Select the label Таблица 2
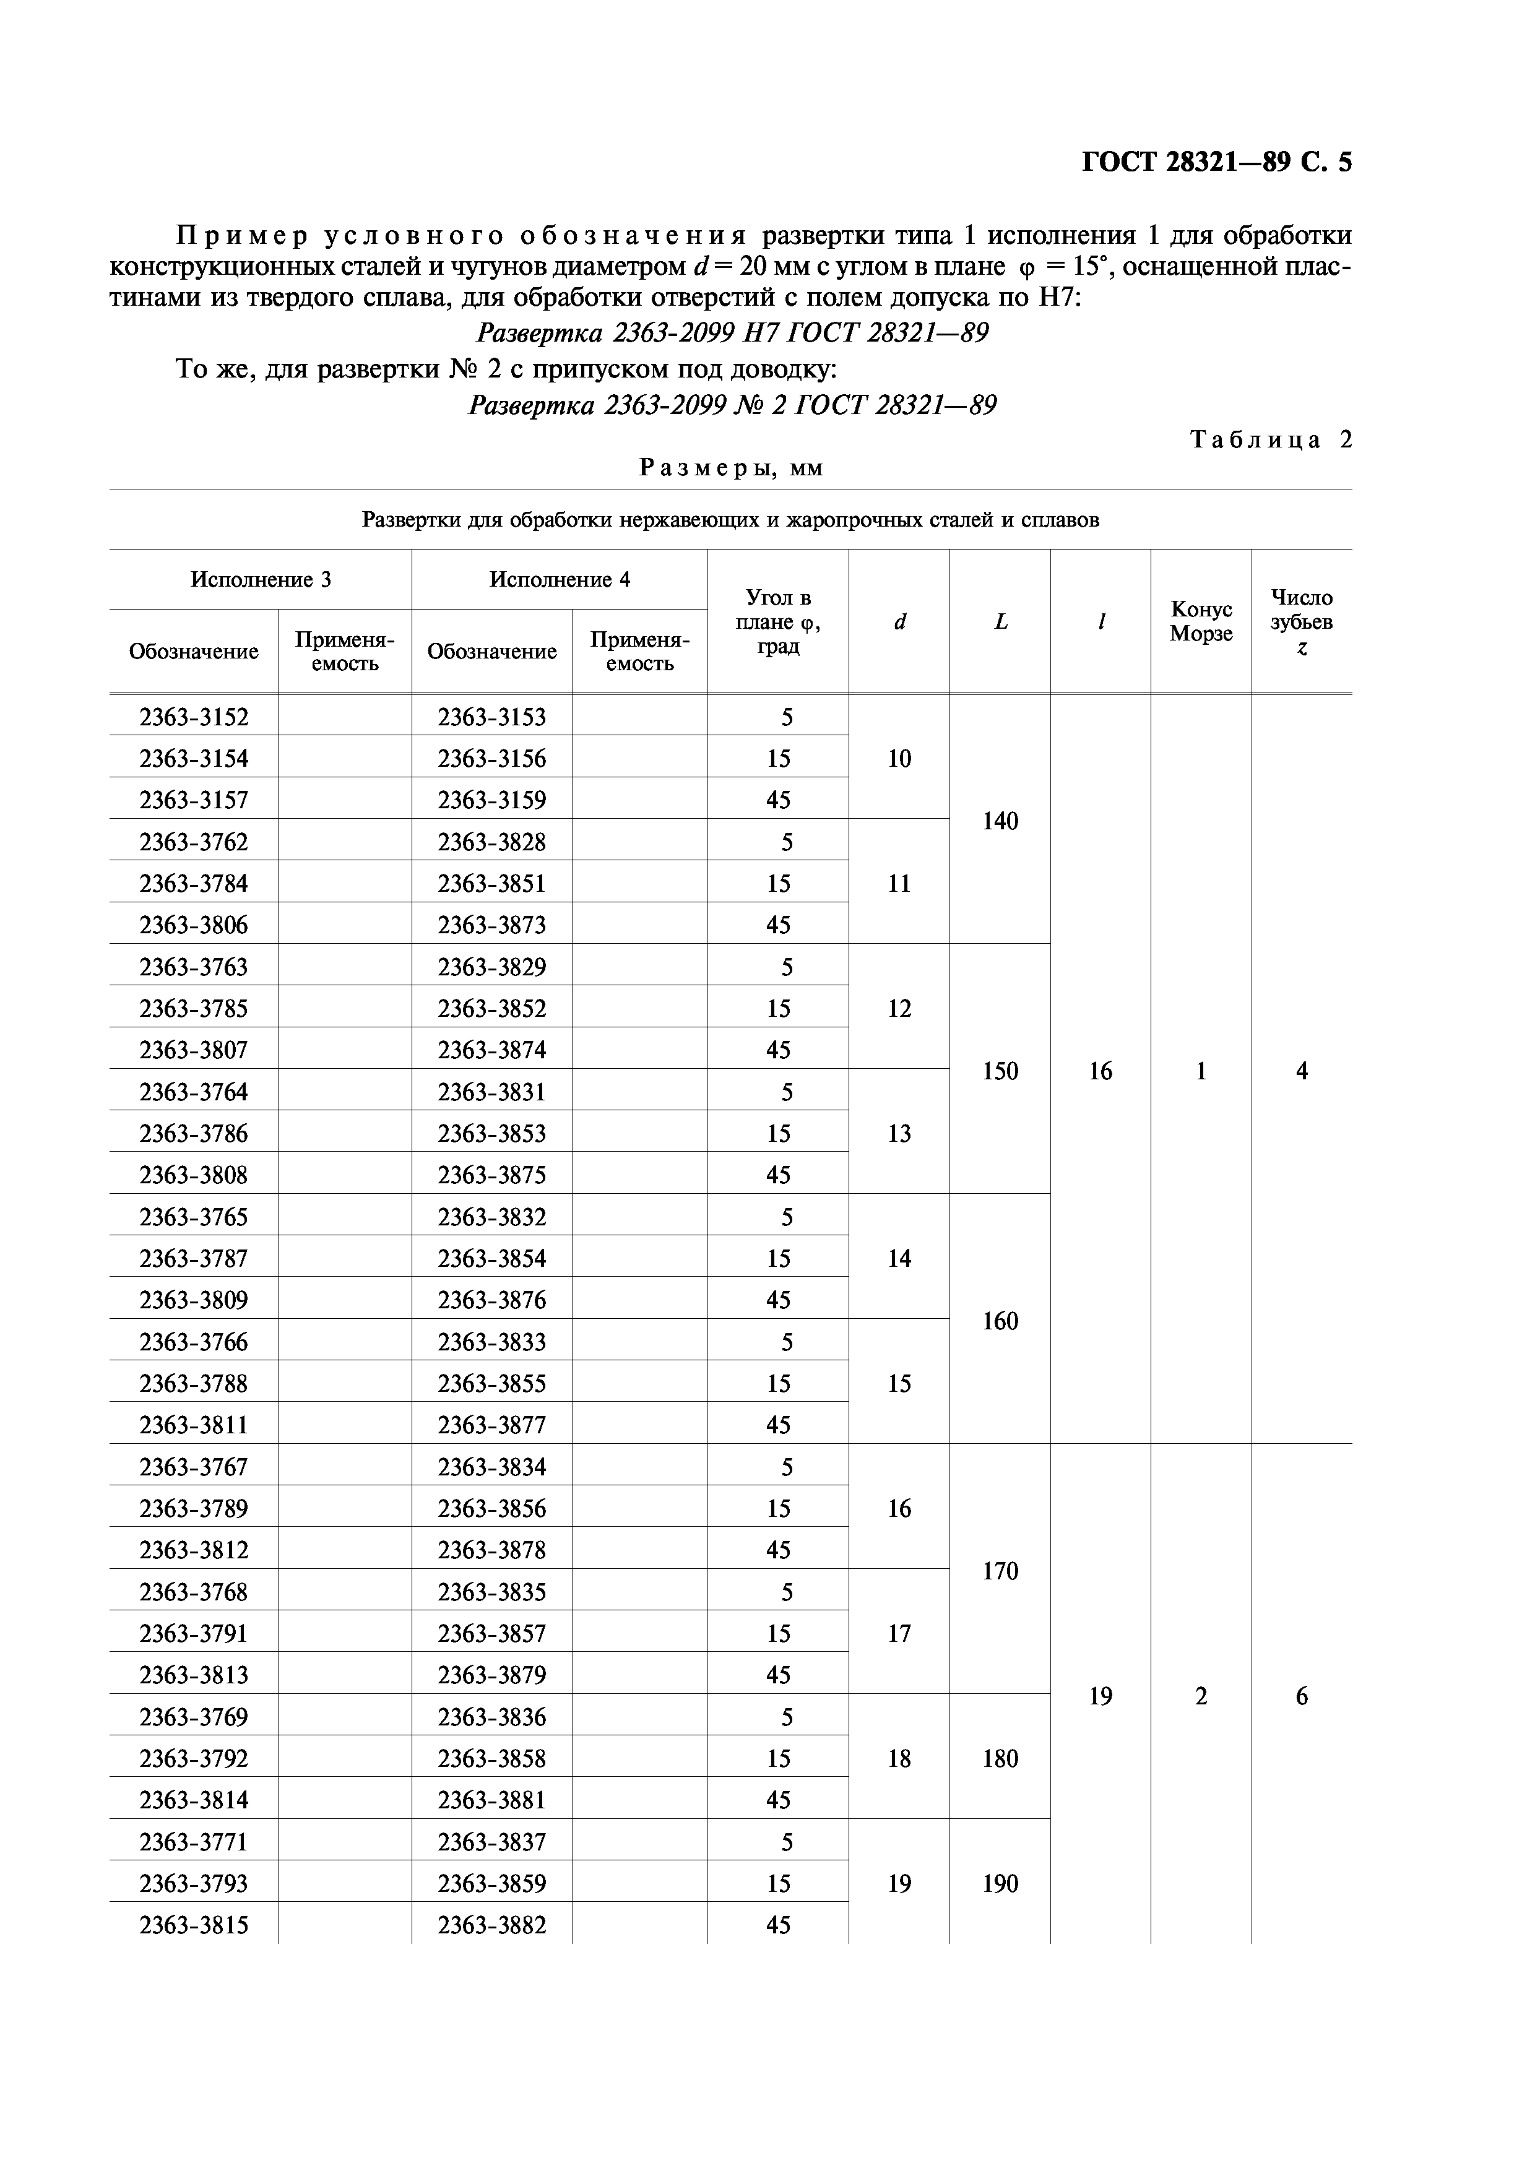coord(1270,439)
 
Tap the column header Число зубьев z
coord(1302,621)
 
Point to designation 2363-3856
coord(492,1508)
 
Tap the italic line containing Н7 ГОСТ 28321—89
coord(732,333)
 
